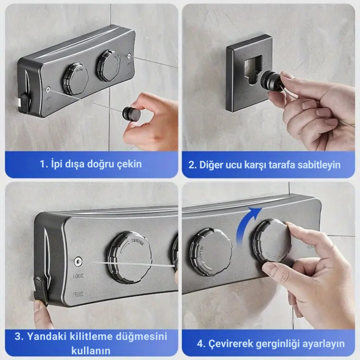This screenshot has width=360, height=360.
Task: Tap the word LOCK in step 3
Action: point(78,276)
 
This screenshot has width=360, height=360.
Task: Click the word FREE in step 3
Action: point(78,294)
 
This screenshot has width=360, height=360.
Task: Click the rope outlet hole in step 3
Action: point(79,262)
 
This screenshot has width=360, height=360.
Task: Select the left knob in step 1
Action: point(76,79)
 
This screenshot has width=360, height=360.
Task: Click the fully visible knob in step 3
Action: point(130,258)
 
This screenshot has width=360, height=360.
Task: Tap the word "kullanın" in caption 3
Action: point(91,351)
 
